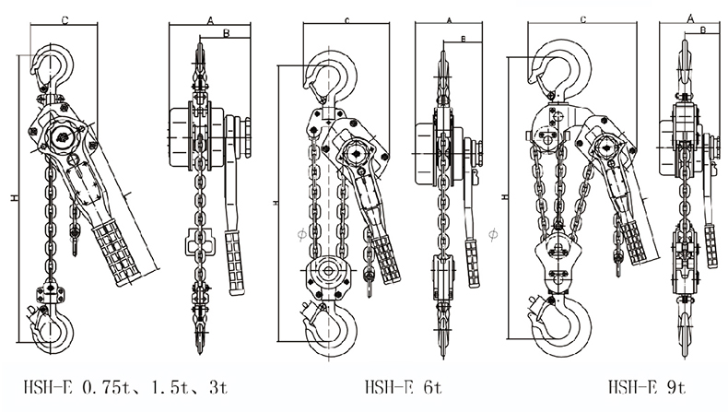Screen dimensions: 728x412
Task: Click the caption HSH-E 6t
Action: coord(404,386)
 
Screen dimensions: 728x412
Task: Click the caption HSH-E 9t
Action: coord(647,386)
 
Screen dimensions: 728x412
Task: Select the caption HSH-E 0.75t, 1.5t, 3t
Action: coord(126,386)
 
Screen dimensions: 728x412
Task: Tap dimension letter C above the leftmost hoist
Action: coord(65,20)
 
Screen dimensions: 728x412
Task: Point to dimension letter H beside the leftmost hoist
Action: coord(16,198)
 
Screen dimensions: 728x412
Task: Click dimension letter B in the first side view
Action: coord(226,33)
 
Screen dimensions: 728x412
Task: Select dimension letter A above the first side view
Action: coord(210,20)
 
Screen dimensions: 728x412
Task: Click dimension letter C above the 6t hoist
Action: coord(346,20)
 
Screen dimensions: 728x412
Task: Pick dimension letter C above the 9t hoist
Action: coord(583,19)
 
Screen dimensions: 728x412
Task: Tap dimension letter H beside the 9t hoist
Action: coord(505,197)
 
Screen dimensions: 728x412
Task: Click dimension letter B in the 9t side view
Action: coord(703,30)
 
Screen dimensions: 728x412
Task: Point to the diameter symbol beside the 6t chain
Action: coord(301,233)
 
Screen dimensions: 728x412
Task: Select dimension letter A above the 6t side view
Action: coord(449,20)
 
